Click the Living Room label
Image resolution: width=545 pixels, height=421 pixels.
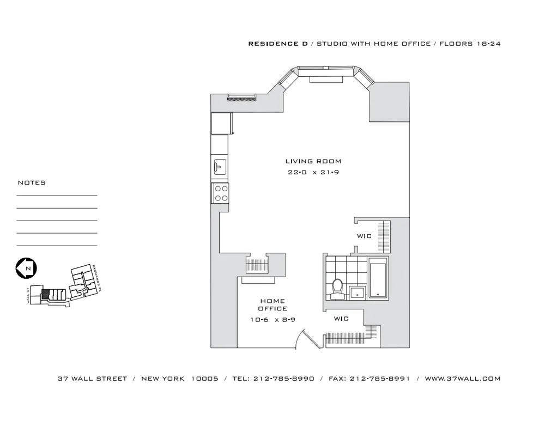(313, 161)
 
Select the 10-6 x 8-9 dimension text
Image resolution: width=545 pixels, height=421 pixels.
(273, 320)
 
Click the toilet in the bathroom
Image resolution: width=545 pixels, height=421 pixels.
(337, 289)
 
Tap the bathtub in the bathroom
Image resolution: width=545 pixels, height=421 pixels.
(378, 278)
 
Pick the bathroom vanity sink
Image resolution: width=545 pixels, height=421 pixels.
(358, 292)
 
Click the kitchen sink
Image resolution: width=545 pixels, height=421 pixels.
(220, 167)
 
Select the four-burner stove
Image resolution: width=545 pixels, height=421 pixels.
(221, 193)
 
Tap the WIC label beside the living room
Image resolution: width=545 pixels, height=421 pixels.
(364, 236)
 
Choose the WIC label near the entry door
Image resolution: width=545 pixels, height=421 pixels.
(341, 319)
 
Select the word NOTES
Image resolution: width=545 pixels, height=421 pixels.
(32, 183)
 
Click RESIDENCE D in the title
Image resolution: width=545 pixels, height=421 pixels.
(278, 44)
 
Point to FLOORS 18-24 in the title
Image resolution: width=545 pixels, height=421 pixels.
(470, 44)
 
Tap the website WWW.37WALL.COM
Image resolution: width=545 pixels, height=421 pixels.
(462, 379)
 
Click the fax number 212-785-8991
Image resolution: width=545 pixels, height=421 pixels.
(380, 379)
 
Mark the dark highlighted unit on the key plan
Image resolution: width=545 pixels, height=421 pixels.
(46, 294)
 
